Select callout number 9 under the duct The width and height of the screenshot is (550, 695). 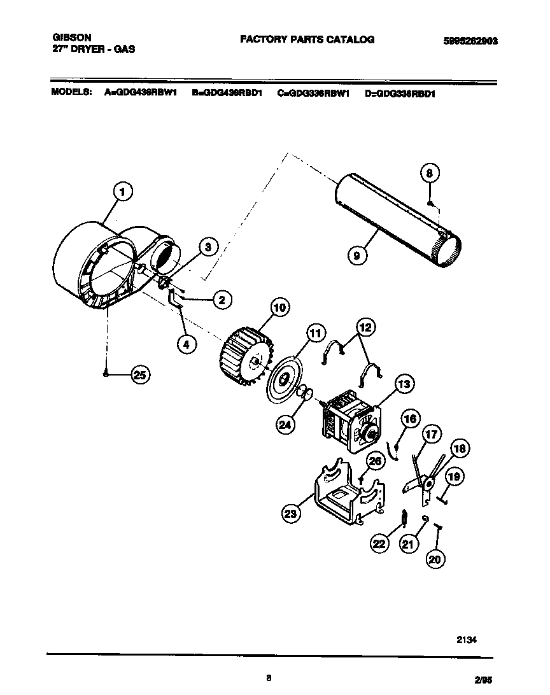pyautogui.click(x=357, y=255)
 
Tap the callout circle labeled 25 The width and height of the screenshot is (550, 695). pyautogui.click(x=140, y=376)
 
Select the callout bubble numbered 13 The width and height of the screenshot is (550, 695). pyautogui.click(x=404, y=384)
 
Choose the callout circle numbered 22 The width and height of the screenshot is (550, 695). pyautogui.click(x=379, y=543)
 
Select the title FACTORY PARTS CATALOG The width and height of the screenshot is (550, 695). pyautogui.click(x=307, y=39)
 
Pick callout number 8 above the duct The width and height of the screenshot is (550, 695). pyautogui.click(x=430, y=172)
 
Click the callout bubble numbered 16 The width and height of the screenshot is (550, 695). pyautogui.click(x=411, y=418)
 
